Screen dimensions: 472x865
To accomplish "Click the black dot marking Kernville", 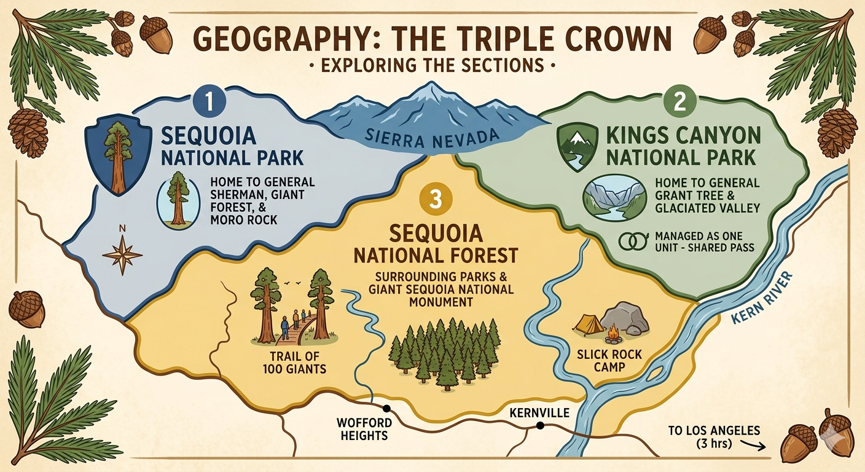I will point(539,425).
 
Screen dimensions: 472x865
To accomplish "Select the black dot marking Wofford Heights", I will point(386,408).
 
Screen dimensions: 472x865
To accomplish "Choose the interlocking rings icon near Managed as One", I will point(631,242).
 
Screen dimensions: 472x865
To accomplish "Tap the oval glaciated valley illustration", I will point(612,199).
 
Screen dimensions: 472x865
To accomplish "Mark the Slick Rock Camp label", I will point(609,361).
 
